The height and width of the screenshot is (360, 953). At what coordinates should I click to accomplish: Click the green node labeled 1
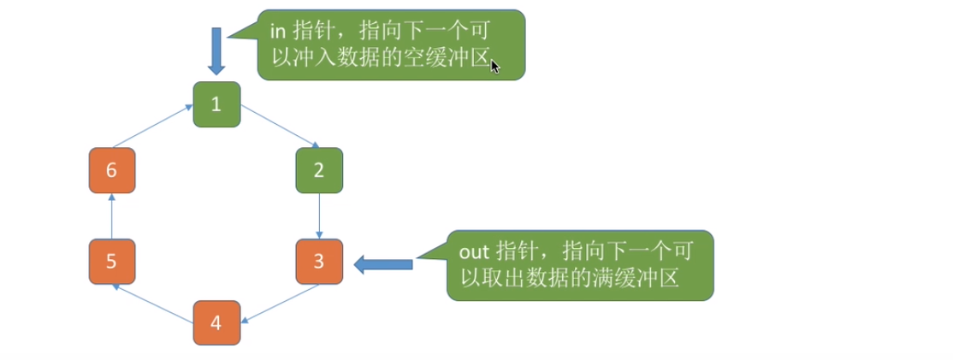pyautogui.click(x=216, y=104)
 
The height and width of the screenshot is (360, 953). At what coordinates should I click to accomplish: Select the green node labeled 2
pyautogui.click(x=319, y=169)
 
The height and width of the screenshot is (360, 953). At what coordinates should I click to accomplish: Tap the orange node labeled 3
pyautogui.click(x=319, y=262)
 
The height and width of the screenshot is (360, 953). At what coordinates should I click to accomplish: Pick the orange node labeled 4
pyautogui.click(x=216, y=323)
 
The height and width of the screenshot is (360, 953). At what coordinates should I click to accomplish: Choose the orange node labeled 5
pyautogui.click(x=112, y=262)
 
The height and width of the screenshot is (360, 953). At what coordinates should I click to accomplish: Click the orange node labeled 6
pyautogui.click(x=112, y=170)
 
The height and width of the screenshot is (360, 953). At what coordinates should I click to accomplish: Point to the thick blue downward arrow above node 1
pyautogui.click(x=216, y=50)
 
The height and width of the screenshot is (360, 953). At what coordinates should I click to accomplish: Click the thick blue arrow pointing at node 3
pyautogui.click(x=384, y=264)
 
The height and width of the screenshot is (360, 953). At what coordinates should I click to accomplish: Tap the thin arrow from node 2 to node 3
pyautogui.click(x=319, y=215)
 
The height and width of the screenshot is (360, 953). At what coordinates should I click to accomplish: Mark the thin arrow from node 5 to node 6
pyautogui.click(x=111, y=215)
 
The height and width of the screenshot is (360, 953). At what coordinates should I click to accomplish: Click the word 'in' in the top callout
pyautogui.click(x=276, y=32)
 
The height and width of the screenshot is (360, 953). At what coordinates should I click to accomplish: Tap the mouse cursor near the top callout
pyautogui.click(x=494, y=66)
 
